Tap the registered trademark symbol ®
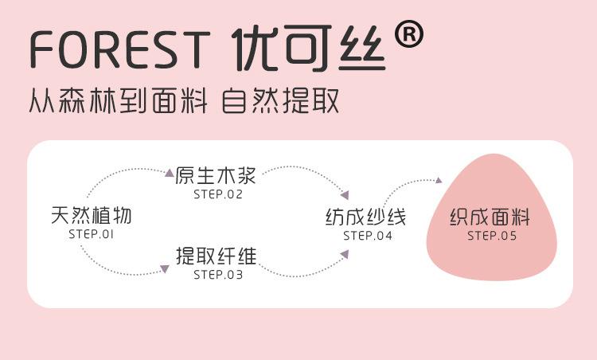[408, 34]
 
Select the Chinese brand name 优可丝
[311, 49]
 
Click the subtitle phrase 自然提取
[281, 102]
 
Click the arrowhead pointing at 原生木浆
[169, 171]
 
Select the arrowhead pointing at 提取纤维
[165, 269]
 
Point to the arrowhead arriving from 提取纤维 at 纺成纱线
[345, 253]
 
